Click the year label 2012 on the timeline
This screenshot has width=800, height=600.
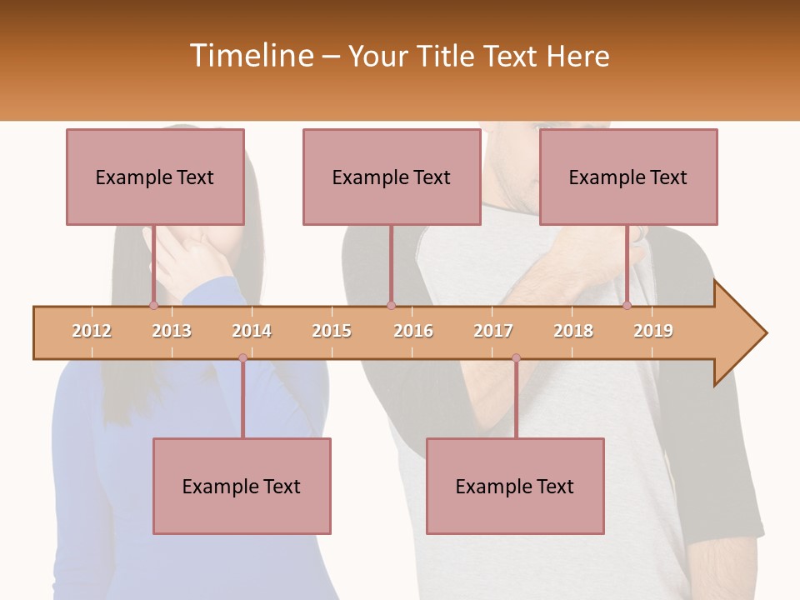(92, 331)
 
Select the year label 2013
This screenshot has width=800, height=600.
(172, 331)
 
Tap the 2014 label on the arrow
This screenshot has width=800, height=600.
(252, 331)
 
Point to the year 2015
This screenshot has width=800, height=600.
(332, 331)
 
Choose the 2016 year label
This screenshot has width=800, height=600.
(413, 331)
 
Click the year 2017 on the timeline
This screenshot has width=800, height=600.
(493, 331)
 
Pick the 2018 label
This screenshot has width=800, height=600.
(573, 331)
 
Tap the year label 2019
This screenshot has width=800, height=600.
(653, 331)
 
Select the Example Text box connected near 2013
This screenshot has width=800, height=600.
(155, 177)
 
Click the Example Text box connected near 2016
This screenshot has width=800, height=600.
(392, 177)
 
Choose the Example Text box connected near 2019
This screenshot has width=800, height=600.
(628, 177)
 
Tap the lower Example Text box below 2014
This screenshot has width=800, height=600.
(242, 486)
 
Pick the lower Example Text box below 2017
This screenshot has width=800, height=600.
(515, 486)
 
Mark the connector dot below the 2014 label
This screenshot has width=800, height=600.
(242, 357)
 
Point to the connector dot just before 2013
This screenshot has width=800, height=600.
(153, 306)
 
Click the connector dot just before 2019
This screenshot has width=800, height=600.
(627, 306)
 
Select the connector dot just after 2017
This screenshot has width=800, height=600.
(516, 357)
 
